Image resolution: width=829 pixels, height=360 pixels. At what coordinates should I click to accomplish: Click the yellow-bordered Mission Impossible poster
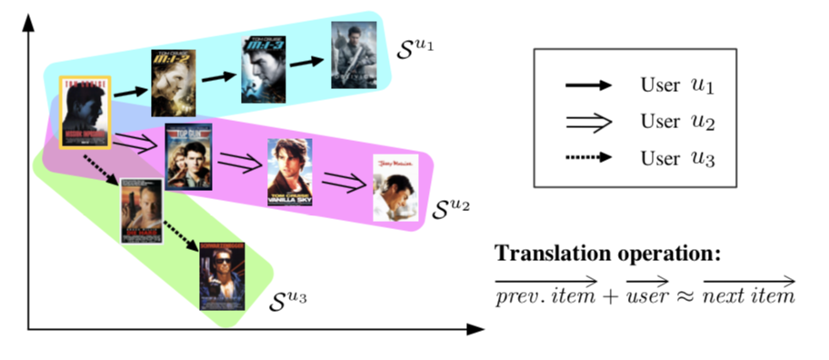coord(85,112)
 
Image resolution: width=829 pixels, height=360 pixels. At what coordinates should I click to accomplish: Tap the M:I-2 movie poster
coord(173,82)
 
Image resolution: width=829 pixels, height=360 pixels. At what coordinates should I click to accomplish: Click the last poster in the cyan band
coord(353,54)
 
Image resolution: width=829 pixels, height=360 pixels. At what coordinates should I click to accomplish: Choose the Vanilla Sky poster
coord(289,171)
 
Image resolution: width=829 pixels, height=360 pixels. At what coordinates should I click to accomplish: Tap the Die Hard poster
coord(141,210)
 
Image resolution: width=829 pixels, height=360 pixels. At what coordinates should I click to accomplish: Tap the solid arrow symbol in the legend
coord(587,85)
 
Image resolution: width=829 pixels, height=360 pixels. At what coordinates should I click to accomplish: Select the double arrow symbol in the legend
coord(587,121)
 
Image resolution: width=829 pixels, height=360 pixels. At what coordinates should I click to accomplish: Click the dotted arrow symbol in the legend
coord(587,157)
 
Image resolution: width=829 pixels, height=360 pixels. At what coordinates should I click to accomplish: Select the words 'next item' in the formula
coord(749,295)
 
